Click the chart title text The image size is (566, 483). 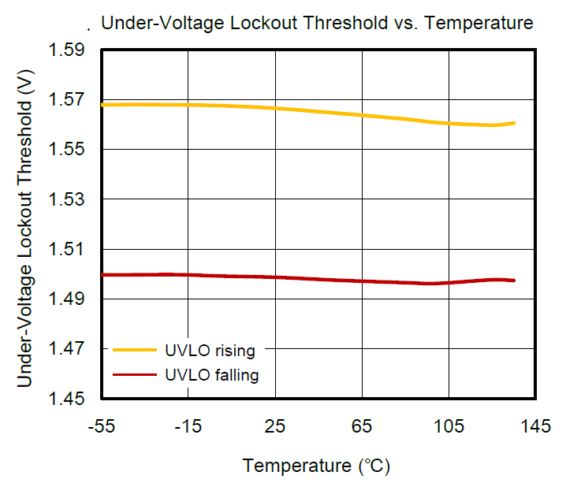tap(318, 23)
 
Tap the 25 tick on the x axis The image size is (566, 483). tap(274, 427)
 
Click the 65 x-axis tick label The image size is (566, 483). tap(361, 427)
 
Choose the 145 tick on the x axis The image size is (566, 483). tap(535, 427)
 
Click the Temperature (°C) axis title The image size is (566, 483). tap(316, 466)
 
